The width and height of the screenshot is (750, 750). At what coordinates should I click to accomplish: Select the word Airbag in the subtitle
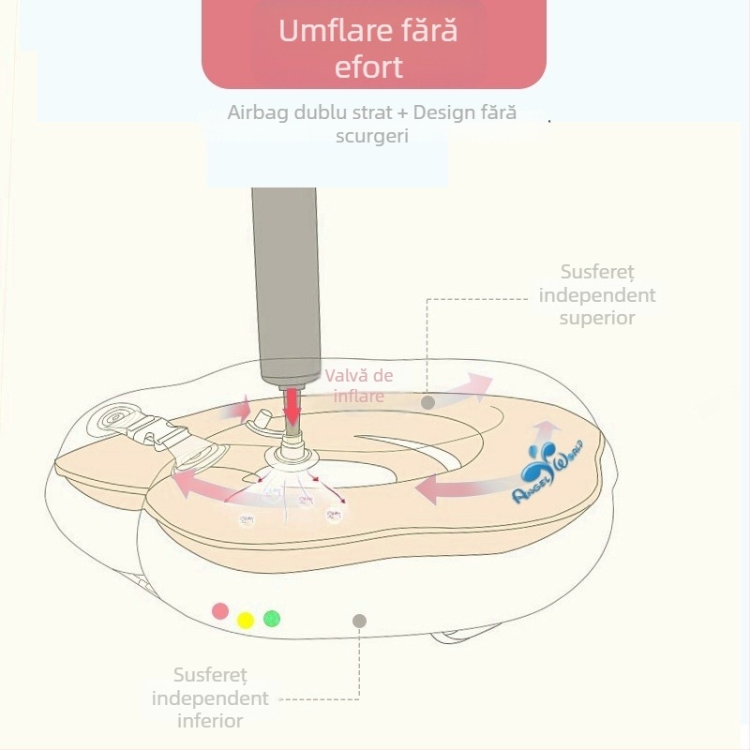point(257,113)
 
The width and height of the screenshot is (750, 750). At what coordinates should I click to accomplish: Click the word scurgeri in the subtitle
point(372,135)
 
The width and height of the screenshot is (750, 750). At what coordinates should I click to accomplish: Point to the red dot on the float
point(220,610)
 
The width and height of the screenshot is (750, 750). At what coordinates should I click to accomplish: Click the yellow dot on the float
point(246,620)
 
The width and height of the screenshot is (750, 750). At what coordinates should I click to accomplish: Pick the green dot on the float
point(272,618)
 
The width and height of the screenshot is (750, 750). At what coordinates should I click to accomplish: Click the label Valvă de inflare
point(359,385)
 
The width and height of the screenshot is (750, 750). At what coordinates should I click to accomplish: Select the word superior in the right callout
point(597,318)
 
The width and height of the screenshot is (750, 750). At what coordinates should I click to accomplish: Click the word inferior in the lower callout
point(210,721)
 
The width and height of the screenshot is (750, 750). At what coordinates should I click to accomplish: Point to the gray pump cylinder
point(285,281)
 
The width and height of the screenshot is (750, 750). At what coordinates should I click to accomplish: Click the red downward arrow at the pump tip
point(293,405)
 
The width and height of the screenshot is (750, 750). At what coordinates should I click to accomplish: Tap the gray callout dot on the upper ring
point(427,402)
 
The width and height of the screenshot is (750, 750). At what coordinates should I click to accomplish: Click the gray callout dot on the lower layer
point(359,621)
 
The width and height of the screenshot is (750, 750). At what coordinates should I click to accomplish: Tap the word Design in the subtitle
point(444,113)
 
